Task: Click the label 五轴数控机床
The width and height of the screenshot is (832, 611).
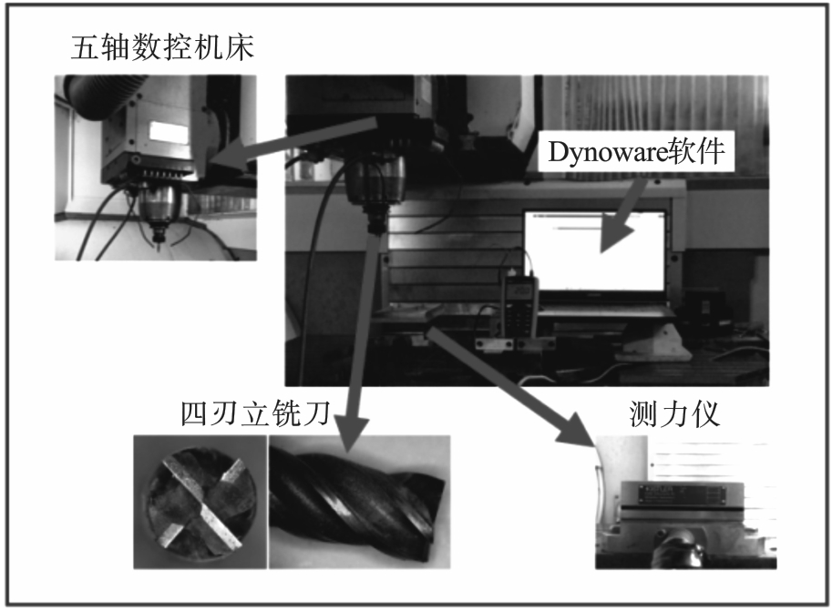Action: coord(162,47)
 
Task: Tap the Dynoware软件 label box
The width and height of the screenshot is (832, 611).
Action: coord(636,151)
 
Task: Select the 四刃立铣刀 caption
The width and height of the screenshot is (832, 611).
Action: coord(255,413)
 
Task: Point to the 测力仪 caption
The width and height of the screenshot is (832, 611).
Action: coord(673,413)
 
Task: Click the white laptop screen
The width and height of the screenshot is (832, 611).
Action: coord(595,251)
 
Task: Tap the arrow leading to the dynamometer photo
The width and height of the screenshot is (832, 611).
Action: coord(512,386)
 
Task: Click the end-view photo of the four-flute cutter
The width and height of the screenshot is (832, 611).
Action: coord(200,502)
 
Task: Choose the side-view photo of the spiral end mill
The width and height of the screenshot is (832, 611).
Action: coord(360,502)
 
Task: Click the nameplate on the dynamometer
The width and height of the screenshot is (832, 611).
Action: coord(683,494)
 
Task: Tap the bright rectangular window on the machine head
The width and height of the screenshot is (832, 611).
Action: coord(169,131)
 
